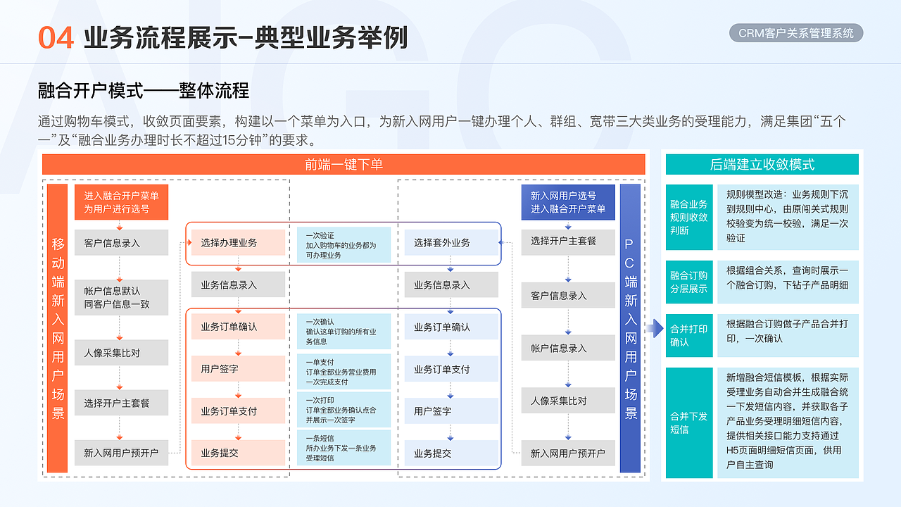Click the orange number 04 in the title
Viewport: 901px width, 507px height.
(x=56, y=38)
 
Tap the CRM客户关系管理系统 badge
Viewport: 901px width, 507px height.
(x=795, y=33)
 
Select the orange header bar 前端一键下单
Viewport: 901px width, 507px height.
(x=344, y=164)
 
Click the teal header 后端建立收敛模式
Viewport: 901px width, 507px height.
(x=762, y=165)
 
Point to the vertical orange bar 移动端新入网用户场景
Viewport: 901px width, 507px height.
(x=58, y=328)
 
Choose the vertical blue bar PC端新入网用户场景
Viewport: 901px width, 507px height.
(x=630, y=328)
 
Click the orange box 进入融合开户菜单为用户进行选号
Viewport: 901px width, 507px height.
(x=121, y=203)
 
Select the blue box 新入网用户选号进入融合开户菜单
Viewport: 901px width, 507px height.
(x=568, y=203)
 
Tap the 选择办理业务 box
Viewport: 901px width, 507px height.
(x=238, y=243)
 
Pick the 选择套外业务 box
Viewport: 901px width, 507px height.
(x=451, y=243)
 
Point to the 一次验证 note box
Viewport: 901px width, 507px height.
(x=344, y=245)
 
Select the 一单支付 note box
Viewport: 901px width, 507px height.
(x=344, y=372)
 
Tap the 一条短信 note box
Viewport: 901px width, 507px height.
(x=344, y=448)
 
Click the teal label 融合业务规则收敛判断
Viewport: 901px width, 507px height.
(x=688, y=217)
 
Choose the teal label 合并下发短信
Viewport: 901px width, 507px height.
(x=688, y=423)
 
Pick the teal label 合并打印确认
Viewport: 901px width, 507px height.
(x=688, y=335)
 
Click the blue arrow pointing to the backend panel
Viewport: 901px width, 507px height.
(x=655, y=328)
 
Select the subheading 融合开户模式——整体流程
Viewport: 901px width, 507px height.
(x=144, y=91)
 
